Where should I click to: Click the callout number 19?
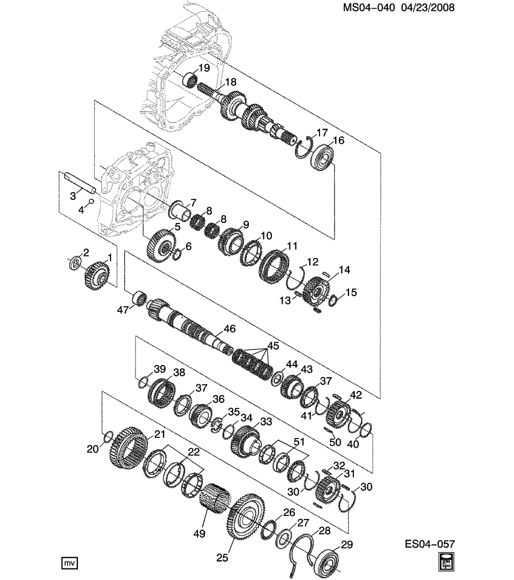204,68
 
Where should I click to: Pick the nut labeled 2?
75,262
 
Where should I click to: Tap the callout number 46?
229,329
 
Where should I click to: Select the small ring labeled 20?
109,436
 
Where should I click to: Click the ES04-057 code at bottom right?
429,544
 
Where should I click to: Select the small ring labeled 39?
143,382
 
